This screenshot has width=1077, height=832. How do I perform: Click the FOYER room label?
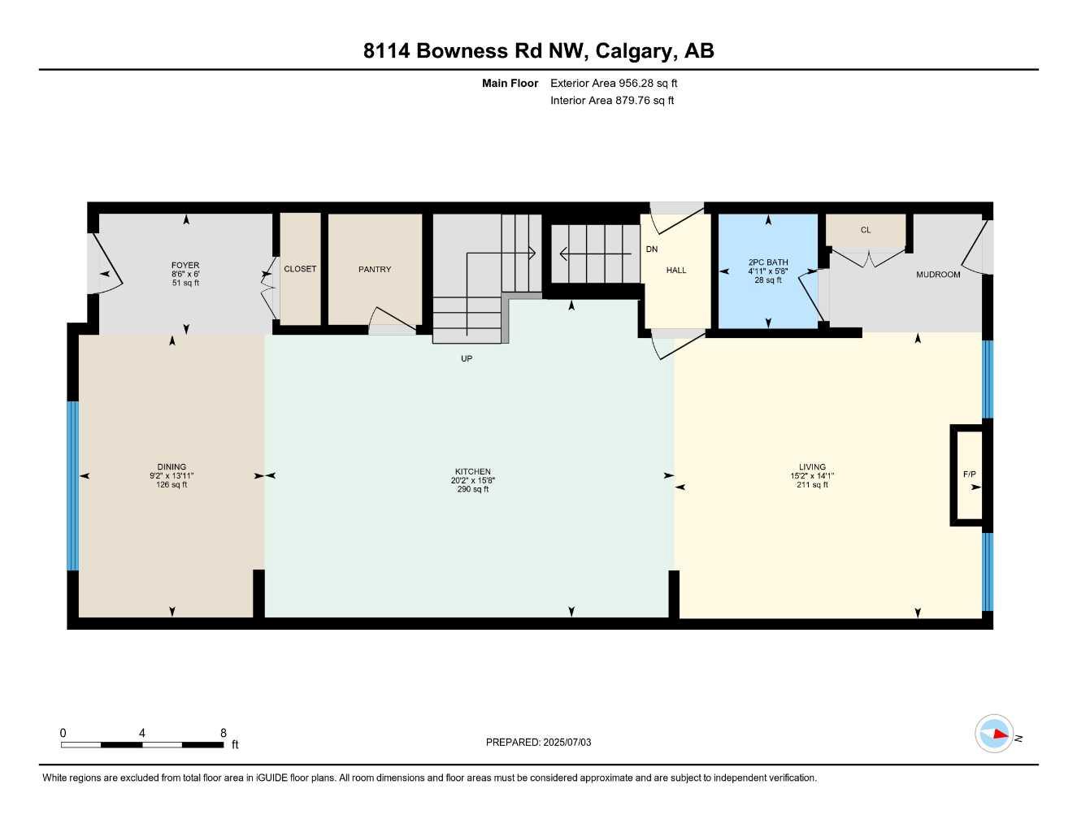click(x=185, y=265)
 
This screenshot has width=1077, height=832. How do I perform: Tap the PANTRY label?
click(x=375, y=269)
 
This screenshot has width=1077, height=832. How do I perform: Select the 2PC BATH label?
click(x=768, y=262)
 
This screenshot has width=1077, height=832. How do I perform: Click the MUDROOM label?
click(x=938, y=275)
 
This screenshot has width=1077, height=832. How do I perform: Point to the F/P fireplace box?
click(x=968, y=475)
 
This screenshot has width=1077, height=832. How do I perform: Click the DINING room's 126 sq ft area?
click(x=172, y=485)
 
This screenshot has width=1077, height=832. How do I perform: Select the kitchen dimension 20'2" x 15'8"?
click(x=473, y=480)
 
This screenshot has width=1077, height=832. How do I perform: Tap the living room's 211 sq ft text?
click(x=812, y=485)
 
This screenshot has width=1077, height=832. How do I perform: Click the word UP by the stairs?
click(x=467, y=358)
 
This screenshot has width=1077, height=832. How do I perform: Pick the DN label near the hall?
click(x=652, y=249)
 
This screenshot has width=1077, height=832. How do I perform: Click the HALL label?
click(x=676, y=271)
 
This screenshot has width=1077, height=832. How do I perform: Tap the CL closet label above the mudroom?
click(x=866, y=230)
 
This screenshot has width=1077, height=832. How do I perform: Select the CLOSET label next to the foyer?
click(x=300, y=269)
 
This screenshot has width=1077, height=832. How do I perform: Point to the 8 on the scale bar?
click(x=224, y=733)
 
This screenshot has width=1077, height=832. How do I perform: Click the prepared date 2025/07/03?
click(x=567, y=742)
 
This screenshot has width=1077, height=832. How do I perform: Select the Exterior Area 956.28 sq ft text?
click(x=614, y=83)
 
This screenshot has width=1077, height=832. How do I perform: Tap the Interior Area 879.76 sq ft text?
click(x=612, y=101)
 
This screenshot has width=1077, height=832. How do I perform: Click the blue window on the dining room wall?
click(x=72, y=486)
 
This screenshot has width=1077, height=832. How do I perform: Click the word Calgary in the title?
click(x=633, y=51)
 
